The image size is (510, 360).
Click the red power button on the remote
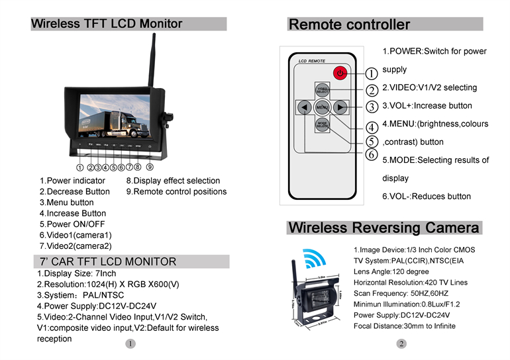[x=340, y=73]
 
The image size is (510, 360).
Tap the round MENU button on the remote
[x=322, y=107]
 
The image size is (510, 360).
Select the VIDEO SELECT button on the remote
[x=322, y=89]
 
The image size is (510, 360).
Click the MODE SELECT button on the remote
[x=322, y=124]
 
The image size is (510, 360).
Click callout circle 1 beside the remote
[x=372, y=73]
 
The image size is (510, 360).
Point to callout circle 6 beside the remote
[x=372, y=155]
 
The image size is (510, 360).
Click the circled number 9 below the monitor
[x=150, y=167]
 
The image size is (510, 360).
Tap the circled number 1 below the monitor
[x=80, y=167]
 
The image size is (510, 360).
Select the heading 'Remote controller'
[x=350, y=25]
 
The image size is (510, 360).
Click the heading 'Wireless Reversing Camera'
[x=383, y=228]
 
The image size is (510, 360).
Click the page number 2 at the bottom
[x=401, y=343]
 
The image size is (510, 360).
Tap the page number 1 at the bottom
[x=130, y=343]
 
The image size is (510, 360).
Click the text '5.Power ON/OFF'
[x=72, y=224]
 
